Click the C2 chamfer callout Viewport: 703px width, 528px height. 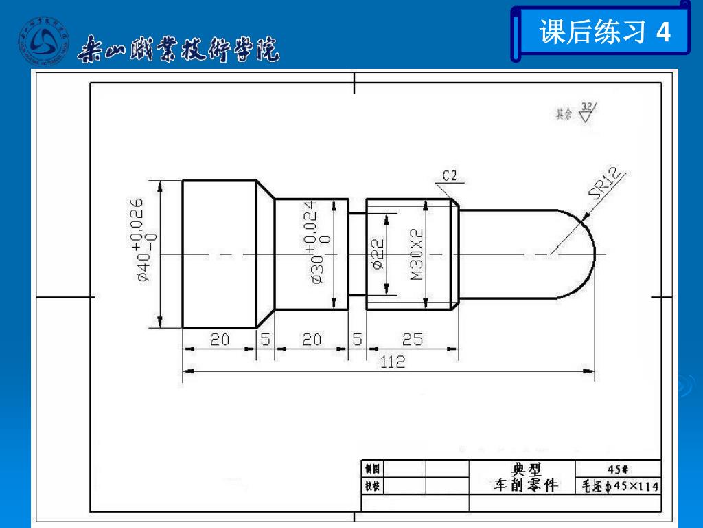point(450,177)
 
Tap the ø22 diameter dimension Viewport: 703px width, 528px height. point(377,254)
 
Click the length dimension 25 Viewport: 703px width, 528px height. point(412,340)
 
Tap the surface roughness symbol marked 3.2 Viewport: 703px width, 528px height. point(587,111)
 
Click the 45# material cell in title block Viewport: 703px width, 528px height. point(618,469)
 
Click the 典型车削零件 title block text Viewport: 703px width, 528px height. point(526,478)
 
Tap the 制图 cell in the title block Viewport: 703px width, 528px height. point(372,469)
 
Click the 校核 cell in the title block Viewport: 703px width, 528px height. point(372,486)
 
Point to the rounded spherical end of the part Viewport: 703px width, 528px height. point(580,254)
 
